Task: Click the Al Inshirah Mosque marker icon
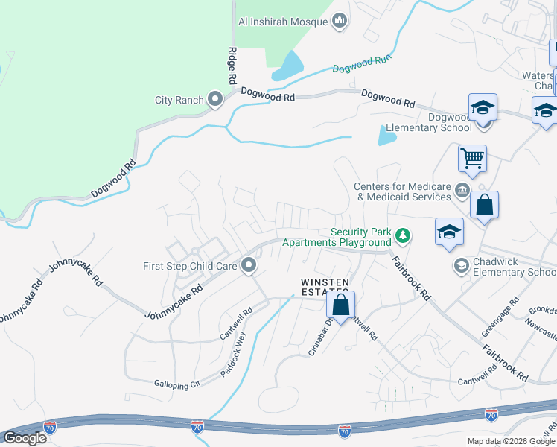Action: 340,21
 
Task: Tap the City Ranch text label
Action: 179,101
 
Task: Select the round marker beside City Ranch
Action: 216,100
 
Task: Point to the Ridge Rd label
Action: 232,65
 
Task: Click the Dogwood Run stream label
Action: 362,66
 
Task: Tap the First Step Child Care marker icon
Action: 249,265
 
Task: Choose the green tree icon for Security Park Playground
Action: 403,236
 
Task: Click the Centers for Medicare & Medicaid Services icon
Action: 462,191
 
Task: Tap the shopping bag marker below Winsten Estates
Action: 340,305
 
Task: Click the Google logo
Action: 25,438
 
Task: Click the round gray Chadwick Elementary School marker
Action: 461,266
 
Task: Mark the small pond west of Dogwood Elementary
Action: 386,136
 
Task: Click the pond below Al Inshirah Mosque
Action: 289,66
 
